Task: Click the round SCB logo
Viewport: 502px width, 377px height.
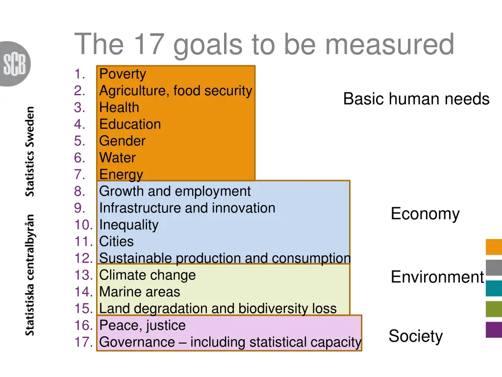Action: click(15, 64)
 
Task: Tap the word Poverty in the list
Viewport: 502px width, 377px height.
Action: click(123, 74)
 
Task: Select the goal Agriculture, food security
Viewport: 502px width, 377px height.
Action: click(176, 91)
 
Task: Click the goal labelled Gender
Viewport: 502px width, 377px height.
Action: click(122, 141)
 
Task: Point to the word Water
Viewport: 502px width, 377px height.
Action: click(117, 158)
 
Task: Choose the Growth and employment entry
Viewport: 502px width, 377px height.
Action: click(175, 191)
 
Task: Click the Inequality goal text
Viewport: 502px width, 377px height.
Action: click(128, 225)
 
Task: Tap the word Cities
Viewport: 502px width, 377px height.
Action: click(116, 242)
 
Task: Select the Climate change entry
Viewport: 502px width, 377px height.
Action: click(147, 275)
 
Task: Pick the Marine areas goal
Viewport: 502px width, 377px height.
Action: click(139, 292)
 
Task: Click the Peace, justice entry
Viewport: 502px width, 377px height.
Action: click(142, 325)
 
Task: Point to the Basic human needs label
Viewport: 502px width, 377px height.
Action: click(416, 99)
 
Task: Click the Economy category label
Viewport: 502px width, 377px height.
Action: click(425, 214)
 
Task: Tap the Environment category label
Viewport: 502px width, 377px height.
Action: click(437, 277)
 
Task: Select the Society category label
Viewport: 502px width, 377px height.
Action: click(416, 336)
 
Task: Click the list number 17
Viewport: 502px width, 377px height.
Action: click(83, 342)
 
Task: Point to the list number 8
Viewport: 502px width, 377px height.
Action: click(80, 191)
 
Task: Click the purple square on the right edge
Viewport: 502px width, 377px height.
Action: click(494, 329)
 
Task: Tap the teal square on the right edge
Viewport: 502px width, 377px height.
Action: click(494, 288)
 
